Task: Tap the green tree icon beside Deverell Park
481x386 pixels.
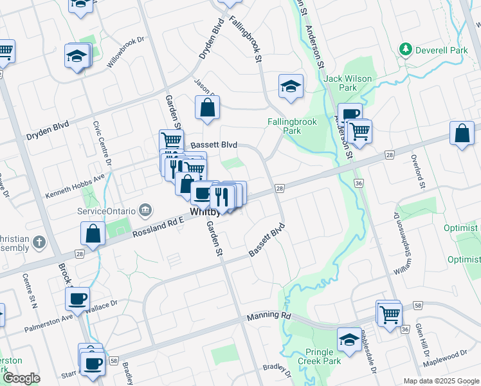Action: pyautogui.click(x=405, y=50)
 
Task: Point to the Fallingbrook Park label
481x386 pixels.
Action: pyautogui.click(x=284, y=125)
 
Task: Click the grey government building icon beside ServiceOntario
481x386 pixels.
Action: pyautogui.click(x=145, y=210)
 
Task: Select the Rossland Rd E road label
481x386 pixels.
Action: pyautogui.click(x=159, y=228)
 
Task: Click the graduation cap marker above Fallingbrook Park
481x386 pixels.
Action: pyautogui.click(x=291, y=86)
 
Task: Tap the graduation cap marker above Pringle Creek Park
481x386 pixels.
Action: pyautogui.click(x=349, y=340)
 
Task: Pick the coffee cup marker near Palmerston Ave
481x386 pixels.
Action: pyautogui.click(x=78, y=299)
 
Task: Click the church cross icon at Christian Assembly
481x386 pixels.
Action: pyautogui.click(x=39, y=243)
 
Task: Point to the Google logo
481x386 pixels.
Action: pyautogui.click(x=21, y=379)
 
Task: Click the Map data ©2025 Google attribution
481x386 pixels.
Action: pyautogui.click(x=440, y=381)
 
